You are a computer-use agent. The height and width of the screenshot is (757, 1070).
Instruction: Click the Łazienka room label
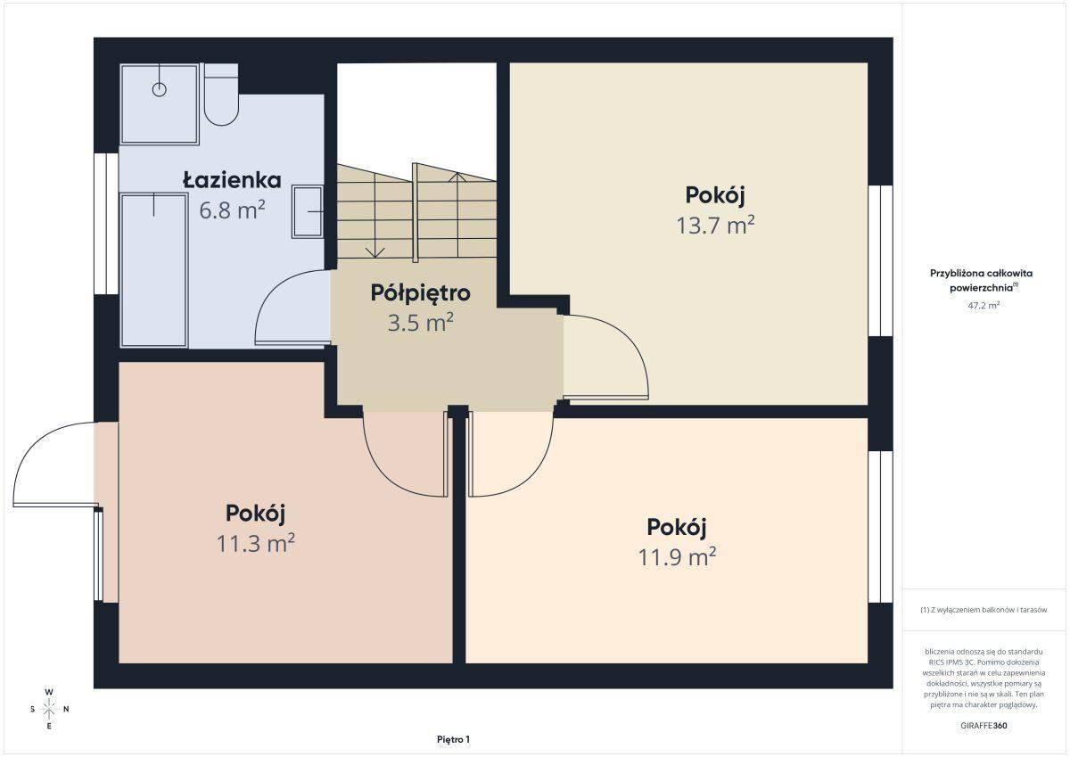[x=232, y=180]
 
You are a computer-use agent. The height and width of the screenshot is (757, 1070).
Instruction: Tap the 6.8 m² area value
[x=232, y=210]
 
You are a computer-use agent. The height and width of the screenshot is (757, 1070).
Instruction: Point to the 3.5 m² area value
[x=420, y=323]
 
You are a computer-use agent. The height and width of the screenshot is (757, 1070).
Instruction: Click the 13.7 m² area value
[x=715, y=226]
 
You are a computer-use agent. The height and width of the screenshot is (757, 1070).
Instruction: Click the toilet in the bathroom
[x=221, y=95]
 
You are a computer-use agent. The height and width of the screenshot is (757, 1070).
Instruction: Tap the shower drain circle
[x=159, y=89]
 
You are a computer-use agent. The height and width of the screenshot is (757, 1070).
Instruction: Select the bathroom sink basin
[x=308, y=212]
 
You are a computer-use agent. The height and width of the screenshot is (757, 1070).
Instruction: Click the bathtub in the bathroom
[x=153, y=270]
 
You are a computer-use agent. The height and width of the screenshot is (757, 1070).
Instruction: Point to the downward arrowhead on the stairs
[x=375, y=252]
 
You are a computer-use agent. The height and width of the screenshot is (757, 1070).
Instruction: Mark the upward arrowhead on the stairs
[x=457, y=177]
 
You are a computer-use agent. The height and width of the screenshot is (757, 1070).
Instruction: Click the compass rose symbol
[x=49, y=709]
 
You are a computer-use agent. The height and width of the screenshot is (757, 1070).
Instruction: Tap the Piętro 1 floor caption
[x=453, y=740]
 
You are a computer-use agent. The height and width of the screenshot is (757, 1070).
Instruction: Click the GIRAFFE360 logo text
[x=984, y=726]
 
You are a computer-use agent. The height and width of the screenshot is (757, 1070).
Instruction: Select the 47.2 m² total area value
[x=984, y=306]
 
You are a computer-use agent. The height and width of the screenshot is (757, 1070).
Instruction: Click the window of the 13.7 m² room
[x=880, y=260]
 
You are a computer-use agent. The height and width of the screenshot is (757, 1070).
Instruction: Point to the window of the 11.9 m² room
[x=880, y=527]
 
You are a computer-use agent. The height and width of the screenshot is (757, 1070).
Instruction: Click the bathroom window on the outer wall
[x=106, y=224]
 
